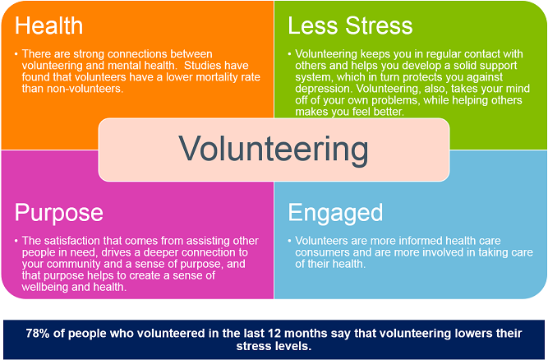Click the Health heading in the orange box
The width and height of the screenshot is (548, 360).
pos(48,25)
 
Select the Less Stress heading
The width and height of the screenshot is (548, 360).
pos(350,25)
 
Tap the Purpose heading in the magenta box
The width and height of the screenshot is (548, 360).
pos(58,213)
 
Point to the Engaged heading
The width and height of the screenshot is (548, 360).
pos(335,213)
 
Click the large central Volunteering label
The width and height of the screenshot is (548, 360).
pos(274,150)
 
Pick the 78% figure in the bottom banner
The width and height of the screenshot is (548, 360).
pos(38,333)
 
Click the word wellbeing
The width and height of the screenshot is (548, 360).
pos(45,287)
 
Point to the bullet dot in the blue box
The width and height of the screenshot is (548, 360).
pos(290,241)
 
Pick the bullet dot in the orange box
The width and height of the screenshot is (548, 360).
pos(16,54)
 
